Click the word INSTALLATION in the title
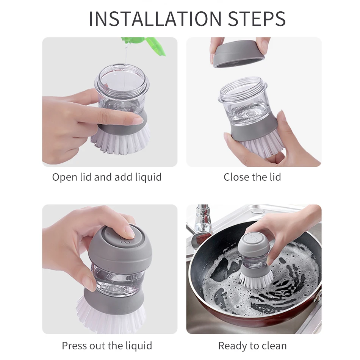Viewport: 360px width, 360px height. [x=155, y=18]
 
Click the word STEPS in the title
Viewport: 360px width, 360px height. [x=257, y=18]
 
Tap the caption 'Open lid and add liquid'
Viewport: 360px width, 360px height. [x=107, y=177]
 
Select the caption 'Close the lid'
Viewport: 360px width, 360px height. [x=252, y=177]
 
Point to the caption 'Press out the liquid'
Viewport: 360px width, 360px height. [x=107, y=346]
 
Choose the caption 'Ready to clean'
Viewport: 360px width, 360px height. [x=252, y=346]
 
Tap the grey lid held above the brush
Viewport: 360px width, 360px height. [x=239, y=54]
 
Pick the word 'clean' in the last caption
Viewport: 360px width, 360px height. [x=273, y=346]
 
